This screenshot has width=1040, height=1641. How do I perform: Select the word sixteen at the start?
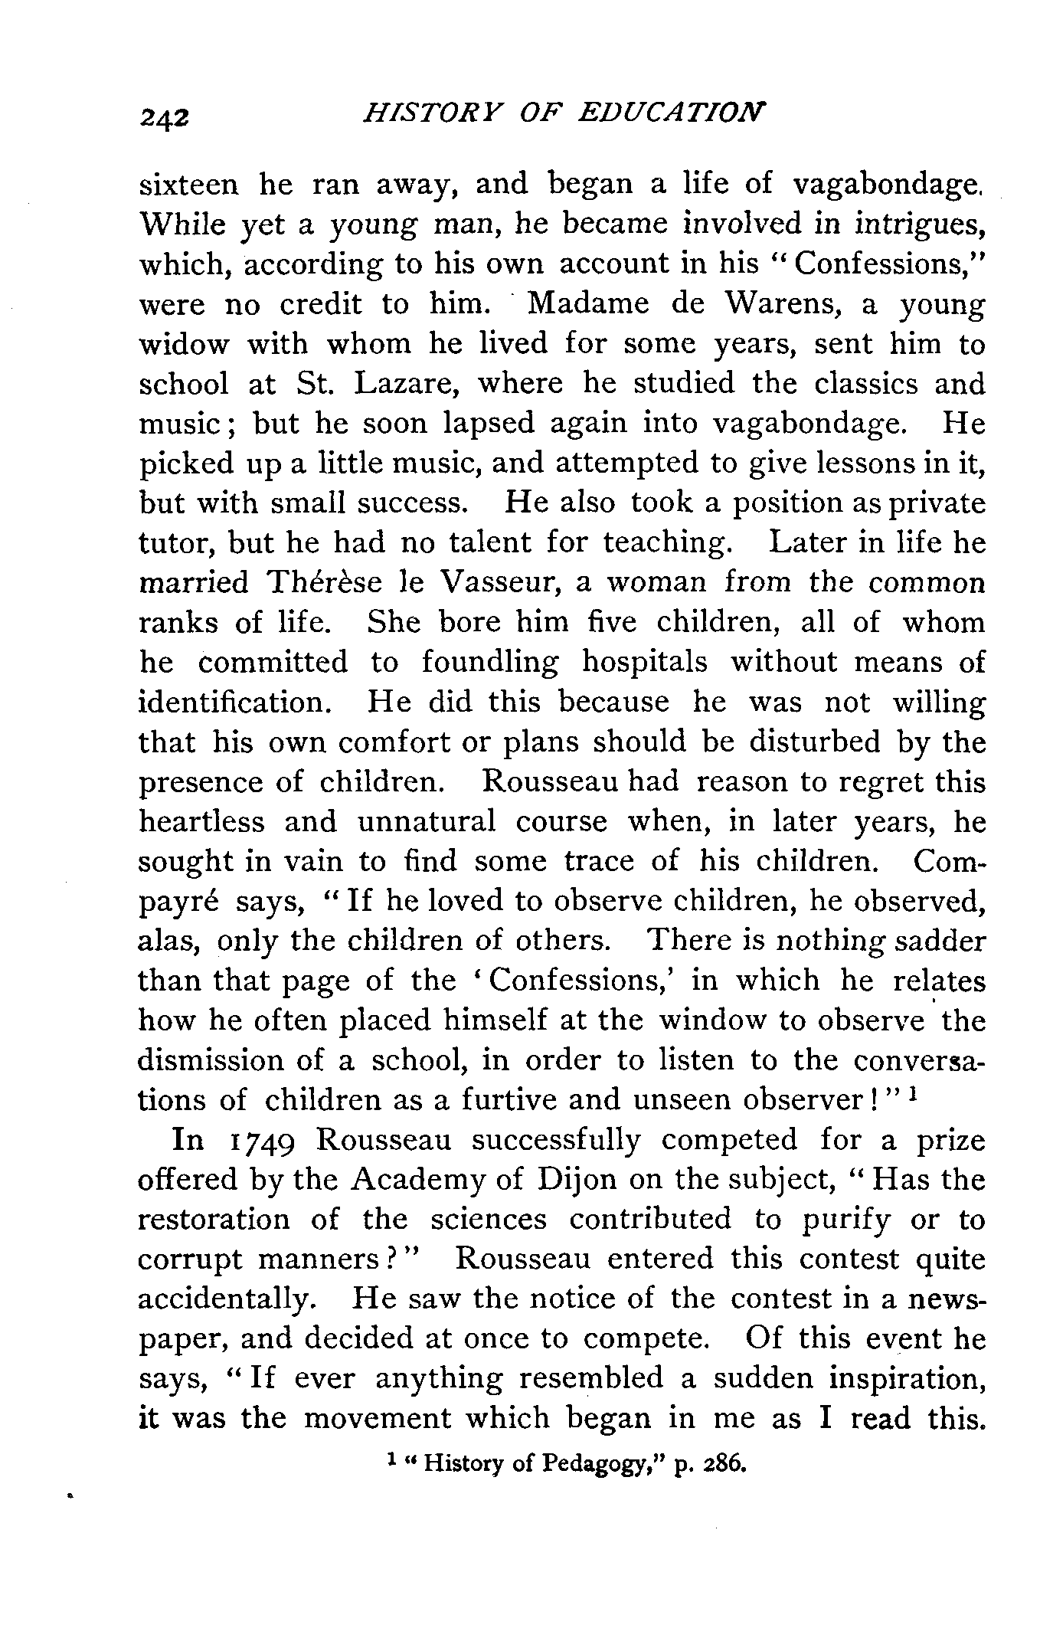[x=189, y=185]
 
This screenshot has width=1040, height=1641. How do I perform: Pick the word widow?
[x=184, y=344]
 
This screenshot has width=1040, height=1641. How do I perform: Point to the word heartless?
[x=202, y=822]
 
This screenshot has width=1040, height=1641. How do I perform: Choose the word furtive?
[x=506, y=1101]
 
